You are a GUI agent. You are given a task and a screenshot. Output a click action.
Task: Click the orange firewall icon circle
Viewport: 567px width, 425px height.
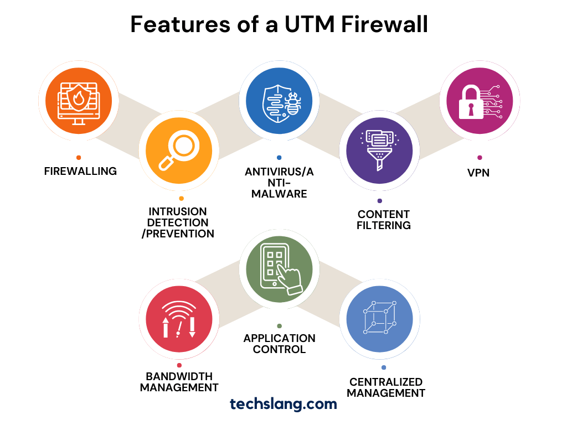click(78, 101)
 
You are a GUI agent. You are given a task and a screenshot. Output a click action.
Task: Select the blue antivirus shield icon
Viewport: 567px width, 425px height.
click(279, 101)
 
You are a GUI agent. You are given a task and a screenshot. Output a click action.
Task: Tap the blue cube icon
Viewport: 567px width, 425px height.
click(379, 319)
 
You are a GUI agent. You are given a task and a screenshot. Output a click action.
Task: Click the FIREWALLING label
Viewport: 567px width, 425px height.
click(80, 171)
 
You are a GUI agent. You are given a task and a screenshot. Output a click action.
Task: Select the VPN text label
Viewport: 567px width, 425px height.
click(478, 173)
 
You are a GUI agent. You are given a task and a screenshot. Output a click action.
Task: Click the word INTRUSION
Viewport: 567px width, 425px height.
click(178, 211)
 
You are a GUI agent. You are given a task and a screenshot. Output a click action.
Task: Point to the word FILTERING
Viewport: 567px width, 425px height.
click(384, 225)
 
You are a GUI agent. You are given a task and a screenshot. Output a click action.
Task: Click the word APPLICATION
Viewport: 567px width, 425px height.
click(280, 338)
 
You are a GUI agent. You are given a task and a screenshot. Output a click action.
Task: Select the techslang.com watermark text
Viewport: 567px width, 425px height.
click(283, 404)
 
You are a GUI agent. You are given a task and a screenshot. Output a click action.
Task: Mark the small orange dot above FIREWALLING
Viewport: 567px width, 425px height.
click(79, 158)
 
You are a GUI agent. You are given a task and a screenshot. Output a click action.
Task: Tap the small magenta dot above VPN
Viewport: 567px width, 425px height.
click(480, 158)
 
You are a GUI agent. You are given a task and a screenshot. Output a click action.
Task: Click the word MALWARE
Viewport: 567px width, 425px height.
click(279, 194)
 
